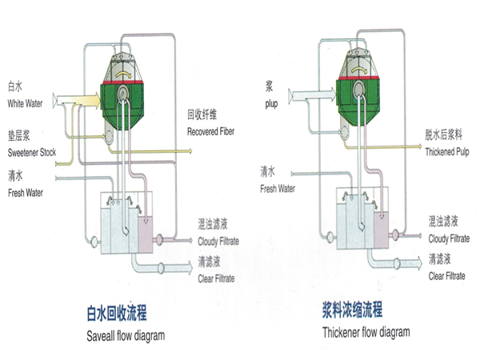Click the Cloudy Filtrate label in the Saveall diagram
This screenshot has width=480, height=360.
coord(216,241)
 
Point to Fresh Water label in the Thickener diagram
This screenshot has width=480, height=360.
coord(278,189)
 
